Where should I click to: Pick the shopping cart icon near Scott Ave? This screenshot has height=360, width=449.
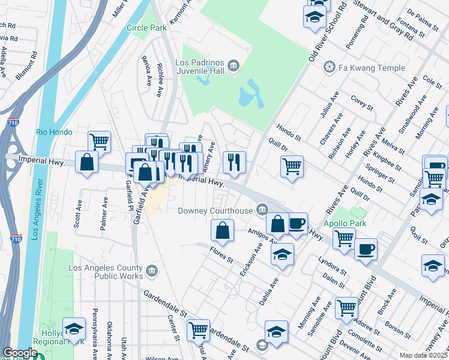(100, 142)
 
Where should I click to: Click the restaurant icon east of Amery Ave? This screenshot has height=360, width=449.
(233, 161)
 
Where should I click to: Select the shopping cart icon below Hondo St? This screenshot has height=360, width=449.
(292, 166)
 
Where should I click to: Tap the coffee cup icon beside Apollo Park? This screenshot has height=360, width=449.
(366, 248)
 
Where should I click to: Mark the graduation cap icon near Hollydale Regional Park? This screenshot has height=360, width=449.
(74, 328)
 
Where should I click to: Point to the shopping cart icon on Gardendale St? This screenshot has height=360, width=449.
(198, 329)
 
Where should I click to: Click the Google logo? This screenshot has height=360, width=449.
(20, 353)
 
